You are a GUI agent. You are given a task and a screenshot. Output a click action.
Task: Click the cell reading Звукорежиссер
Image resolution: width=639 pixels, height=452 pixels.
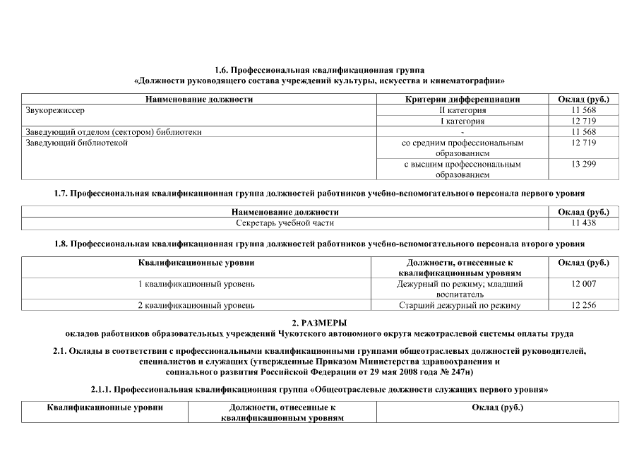50,110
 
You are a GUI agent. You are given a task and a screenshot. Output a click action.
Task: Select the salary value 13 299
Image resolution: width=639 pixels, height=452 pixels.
583,164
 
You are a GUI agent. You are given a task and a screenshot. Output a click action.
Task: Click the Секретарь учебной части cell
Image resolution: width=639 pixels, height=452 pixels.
285,222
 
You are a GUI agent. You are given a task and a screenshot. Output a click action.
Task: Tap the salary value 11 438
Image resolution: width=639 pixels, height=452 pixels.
583,222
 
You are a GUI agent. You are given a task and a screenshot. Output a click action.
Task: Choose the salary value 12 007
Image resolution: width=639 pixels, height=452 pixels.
583,283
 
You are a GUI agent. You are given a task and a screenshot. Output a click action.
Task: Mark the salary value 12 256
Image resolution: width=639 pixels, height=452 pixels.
583,305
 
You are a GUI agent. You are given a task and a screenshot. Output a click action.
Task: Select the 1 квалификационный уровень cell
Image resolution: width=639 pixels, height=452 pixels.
196,283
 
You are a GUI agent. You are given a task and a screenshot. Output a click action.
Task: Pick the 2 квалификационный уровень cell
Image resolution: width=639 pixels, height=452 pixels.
196,305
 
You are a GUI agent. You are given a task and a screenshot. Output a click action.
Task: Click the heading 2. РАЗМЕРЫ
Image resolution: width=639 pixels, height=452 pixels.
319,323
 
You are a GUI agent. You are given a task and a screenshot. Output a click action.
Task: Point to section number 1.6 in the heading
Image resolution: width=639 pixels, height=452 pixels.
222,71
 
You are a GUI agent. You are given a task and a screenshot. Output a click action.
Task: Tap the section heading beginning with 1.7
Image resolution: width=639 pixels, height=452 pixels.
319,192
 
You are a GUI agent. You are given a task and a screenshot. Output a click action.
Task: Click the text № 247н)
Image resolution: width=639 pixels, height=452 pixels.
451,370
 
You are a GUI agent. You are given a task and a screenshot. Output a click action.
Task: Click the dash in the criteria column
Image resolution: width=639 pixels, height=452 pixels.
462,132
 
